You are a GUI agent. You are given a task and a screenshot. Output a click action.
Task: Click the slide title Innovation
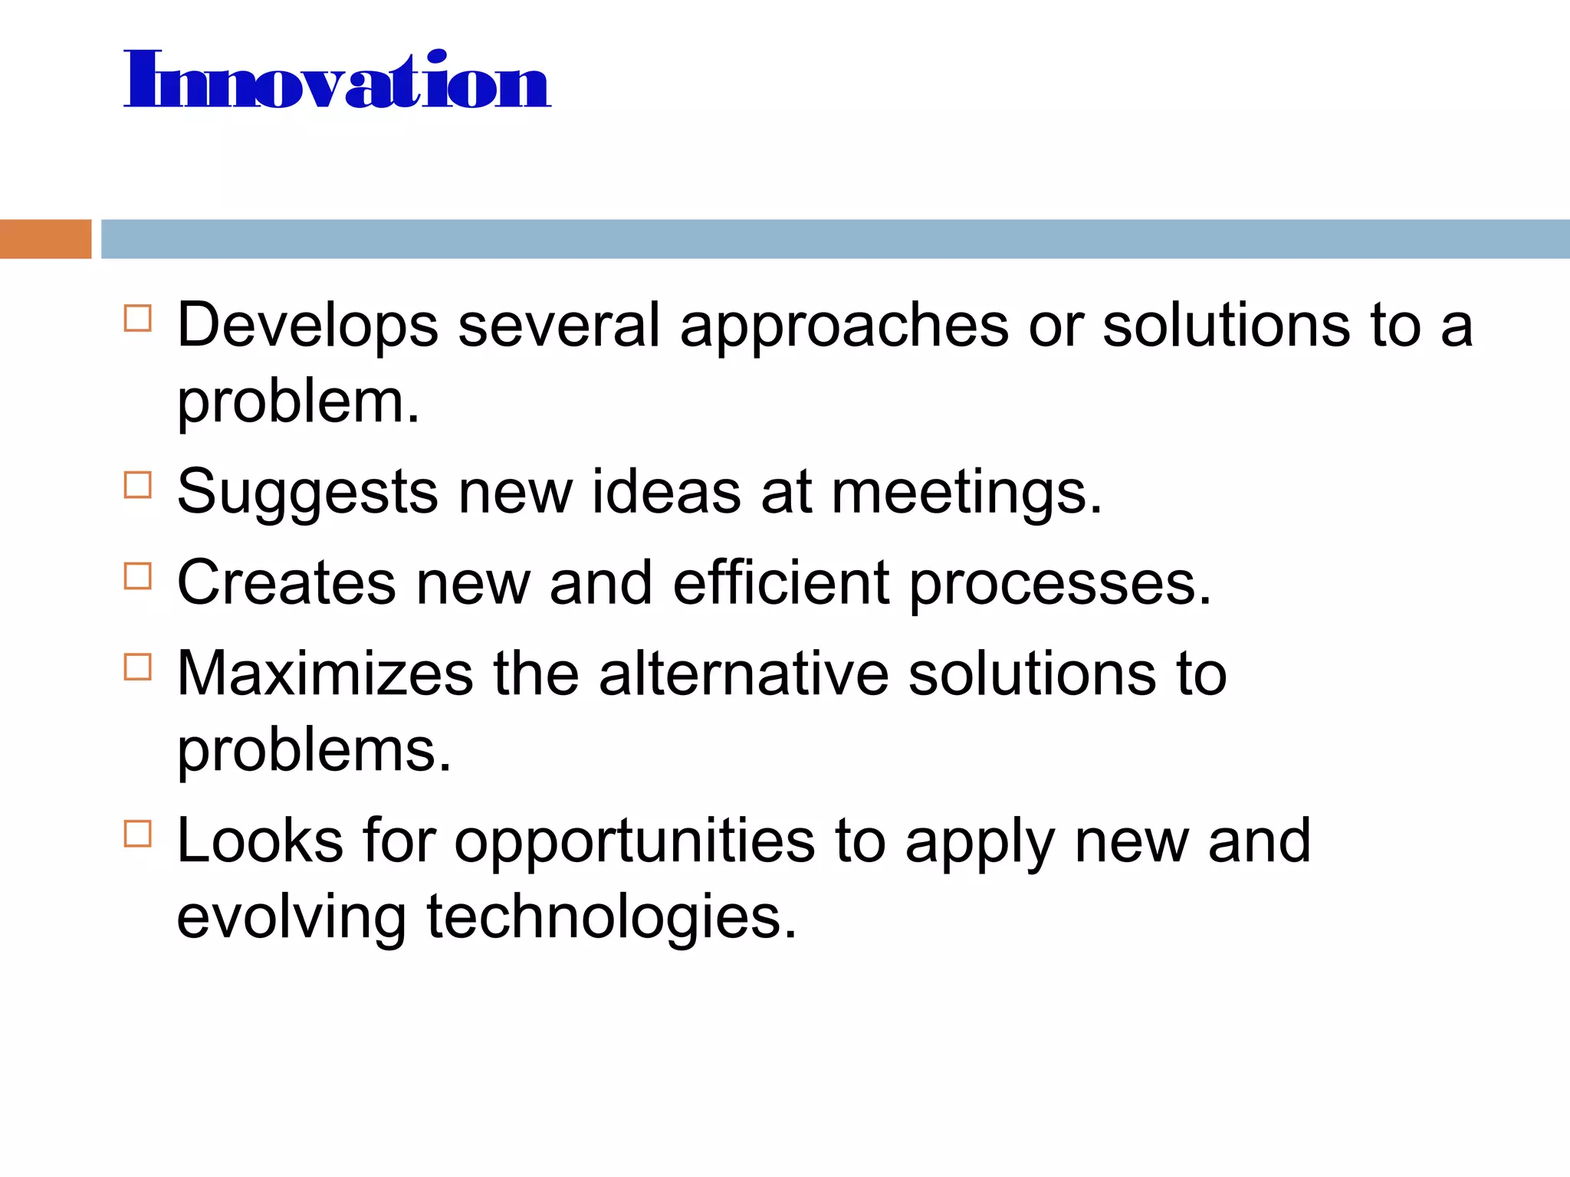coord(337,80)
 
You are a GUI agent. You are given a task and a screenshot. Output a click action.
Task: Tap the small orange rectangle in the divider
coord(45,239)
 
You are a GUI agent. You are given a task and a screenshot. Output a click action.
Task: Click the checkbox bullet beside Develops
coord(138,318)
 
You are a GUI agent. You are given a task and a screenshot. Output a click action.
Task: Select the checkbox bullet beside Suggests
coord(138,485)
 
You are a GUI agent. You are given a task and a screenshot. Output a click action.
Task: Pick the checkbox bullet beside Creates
coord(138,576)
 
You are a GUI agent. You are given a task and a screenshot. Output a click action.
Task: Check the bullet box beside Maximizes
coord(138,667)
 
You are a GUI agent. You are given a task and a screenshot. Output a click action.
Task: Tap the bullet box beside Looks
coord(138,834)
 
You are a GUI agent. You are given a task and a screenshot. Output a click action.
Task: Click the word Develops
coord(307,326)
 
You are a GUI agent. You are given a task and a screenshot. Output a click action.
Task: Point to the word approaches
coord(844,326)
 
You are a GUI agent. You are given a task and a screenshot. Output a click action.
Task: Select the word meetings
coord(967,493)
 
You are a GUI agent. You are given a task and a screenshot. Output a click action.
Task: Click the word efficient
coord(781,584)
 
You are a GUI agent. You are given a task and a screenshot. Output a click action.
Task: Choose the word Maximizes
coord(325,674)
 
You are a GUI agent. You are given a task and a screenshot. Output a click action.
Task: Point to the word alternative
coord(744,674)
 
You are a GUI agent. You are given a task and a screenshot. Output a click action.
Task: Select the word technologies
coord(612,917)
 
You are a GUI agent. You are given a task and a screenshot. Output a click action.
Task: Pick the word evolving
coord(291,917)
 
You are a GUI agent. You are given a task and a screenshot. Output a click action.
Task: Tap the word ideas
coord(666,493)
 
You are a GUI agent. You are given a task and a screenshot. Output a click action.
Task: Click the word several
coord(559,326)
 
